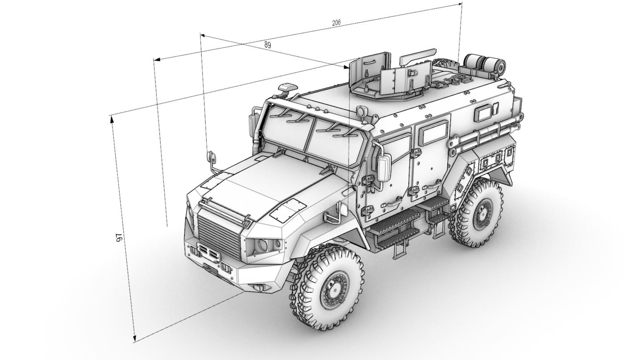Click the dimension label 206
coord(337,23)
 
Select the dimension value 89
coord(267,45)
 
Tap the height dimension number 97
coord(119,237)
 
